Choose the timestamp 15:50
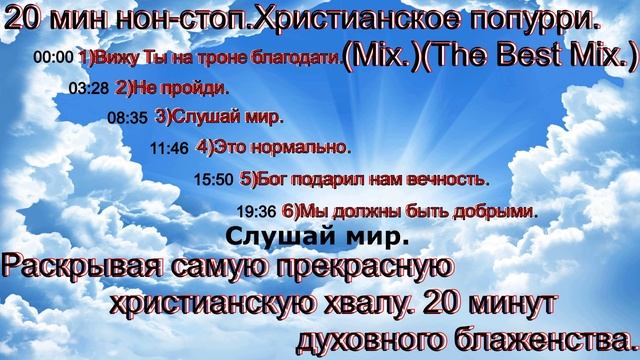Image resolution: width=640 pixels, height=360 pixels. coord(213,181)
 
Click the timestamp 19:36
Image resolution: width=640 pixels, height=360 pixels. coord(257,212)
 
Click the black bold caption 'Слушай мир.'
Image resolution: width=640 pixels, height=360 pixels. coord(317,238)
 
